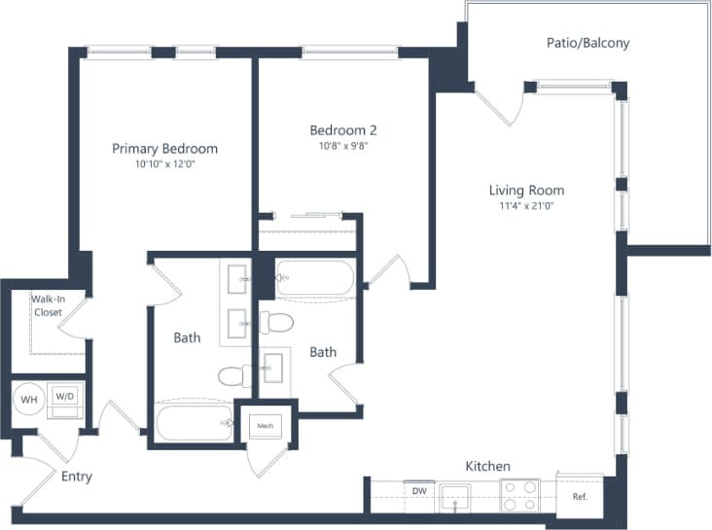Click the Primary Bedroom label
point(164,149)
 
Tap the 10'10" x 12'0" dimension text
point(164,164)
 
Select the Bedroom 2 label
point(342,130)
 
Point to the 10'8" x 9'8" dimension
point(342,146)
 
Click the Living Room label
point(526,191)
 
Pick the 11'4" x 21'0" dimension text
point(526,206)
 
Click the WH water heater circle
point(29,398)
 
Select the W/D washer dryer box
point(64,397)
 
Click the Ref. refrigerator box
point(580,495)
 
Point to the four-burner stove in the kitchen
point(520,495)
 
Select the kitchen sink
point(455,497)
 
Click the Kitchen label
point(487,467)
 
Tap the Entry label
point(77,477)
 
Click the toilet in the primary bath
point(230,375)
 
